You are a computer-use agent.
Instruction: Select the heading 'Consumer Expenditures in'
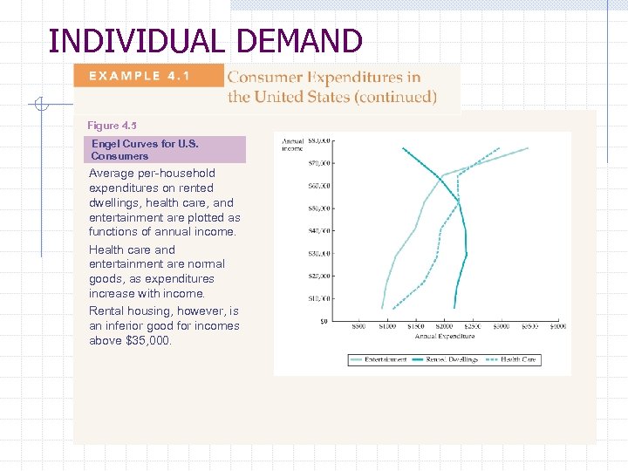pos(324,78)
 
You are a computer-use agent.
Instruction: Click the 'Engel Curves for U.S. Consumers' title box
pos(165,150)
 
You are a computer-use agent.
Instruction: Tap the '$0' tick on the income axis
pos(323,321)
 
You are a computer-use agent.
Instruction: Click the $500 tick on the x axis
pos(358,327)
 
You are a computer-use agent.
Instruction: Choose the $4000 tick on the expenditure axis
pos(557,327)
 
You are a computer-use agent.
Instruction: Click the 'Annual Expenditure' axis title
pos(444,336)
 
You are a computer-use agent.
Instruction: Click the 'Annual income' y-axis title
pos(292,144)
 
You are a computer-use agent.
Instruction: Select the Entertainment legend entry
pos(380,359)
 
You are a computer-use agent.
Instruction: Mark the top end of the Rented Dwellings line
pos(403,148)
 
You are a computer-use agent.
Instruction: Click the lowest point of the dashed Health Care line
pos(393,308)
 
